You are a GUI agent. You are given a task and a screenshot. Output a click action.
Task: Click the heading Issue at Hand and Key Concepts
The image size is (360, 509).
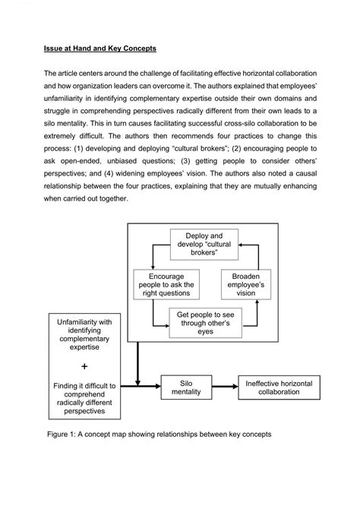coord(99,49)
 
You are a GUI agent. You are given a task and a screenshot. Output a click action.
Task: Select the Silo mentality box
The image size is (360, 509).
coord(186,387)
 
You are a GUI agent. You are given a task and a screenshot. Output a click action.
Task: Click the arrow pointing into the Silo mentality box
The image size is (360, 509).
coord(150,387)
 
